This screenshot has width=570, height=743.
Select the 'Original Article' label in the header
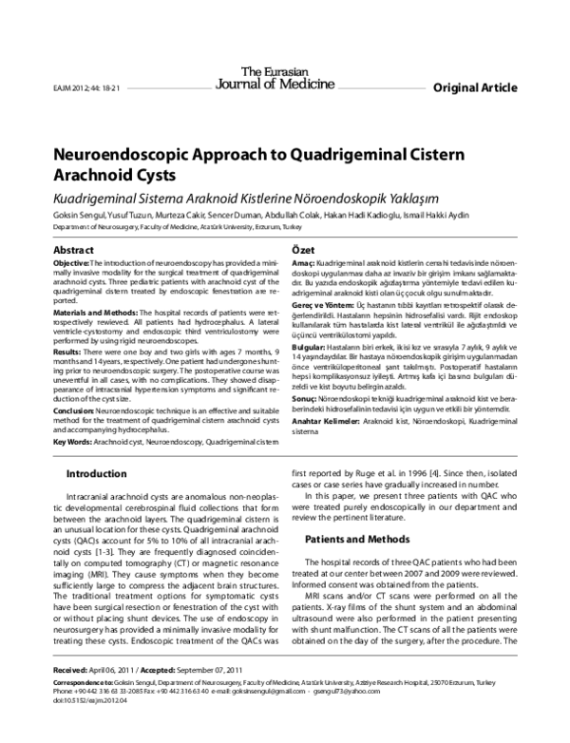[474, 87]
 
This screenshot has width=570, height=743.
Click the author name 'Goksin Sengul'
[80, 216]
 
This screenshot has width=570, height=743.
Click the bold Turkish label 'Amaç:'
[301, 261]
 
